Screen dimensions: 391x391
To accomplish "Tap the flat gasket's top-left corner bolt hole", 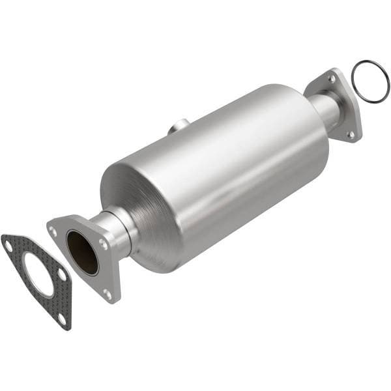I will point(8,246).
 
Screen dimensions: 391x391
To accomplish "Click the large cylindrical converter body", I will point(228,163).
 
